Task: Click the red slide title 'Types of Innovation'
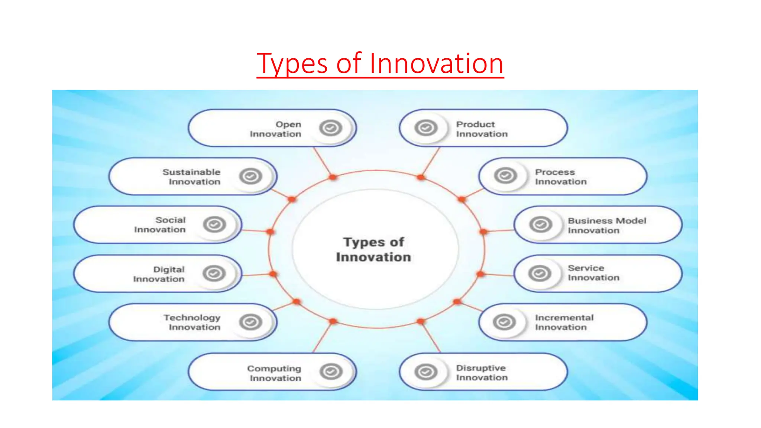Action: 380,64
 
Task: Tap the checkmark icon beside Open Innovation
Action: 330,128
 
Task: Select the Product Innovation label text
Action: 482,129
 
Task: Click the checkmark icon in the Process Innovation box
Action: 505,175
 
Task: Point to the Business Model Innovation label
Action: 607,226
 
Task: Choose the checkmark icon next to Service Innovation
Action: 540,273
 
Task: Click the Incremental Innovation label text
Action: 564,322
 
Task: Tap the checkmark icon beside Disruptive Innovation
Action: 426,372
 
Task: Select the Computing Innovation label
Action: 274,373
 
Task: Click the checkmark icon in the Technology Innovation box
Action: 250,322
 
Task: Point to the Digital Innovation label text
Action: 159,274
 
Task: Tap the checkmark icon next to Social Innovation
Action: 214,224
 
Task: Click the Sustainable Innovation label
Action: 191,177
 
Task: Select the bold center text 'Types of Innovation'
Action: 373,249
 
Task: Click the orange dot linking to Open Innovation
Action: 333,177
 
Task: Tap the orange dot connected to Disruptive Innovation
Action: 421,321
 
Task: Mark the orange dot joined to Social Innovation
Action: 270,232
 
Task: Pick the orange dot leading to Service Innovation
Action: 480,274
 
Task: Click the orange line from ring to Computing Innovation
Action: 323,337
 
